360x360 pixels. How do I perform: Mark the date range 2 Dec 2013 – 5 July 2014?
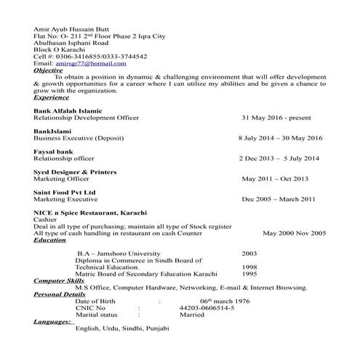pos(279,158)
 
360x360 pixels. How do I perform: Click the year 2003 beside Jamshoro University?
pos(249,254)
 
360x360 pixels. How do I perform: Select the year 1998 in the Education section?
pos(249,267)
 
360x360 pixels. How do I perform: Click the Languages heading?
pos(52,321)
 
